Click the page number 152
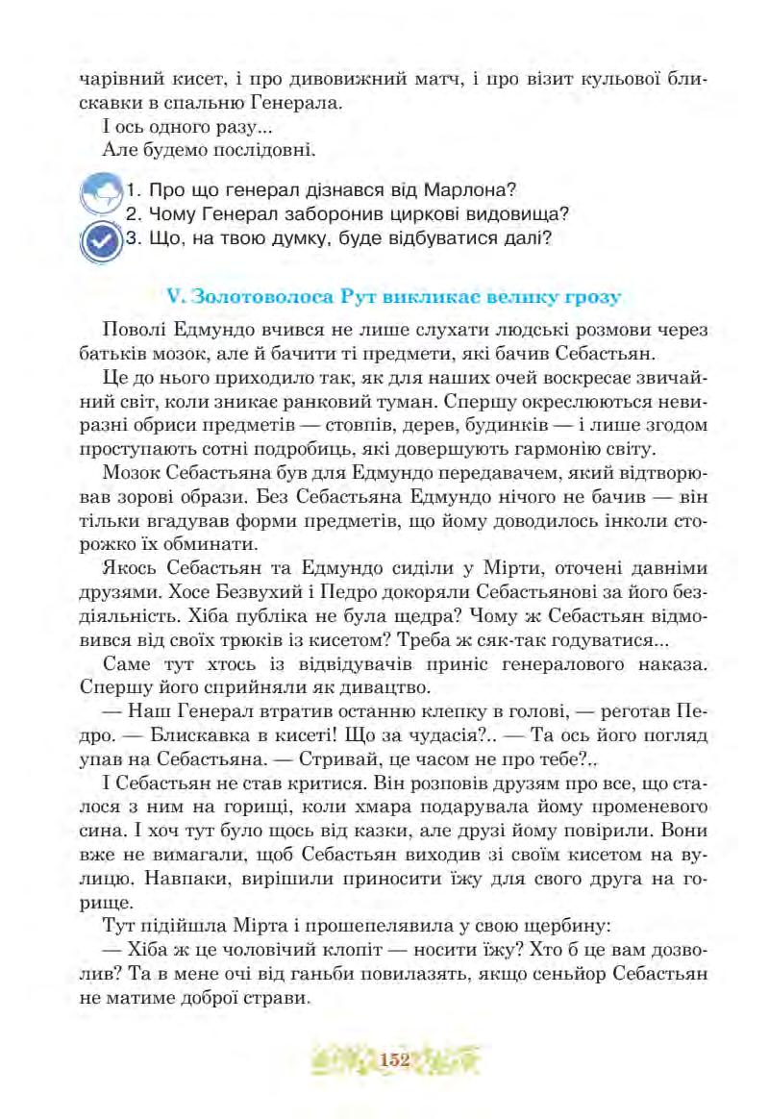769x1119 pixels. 394,1060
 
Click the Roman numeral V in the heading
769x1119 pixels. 173,295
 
